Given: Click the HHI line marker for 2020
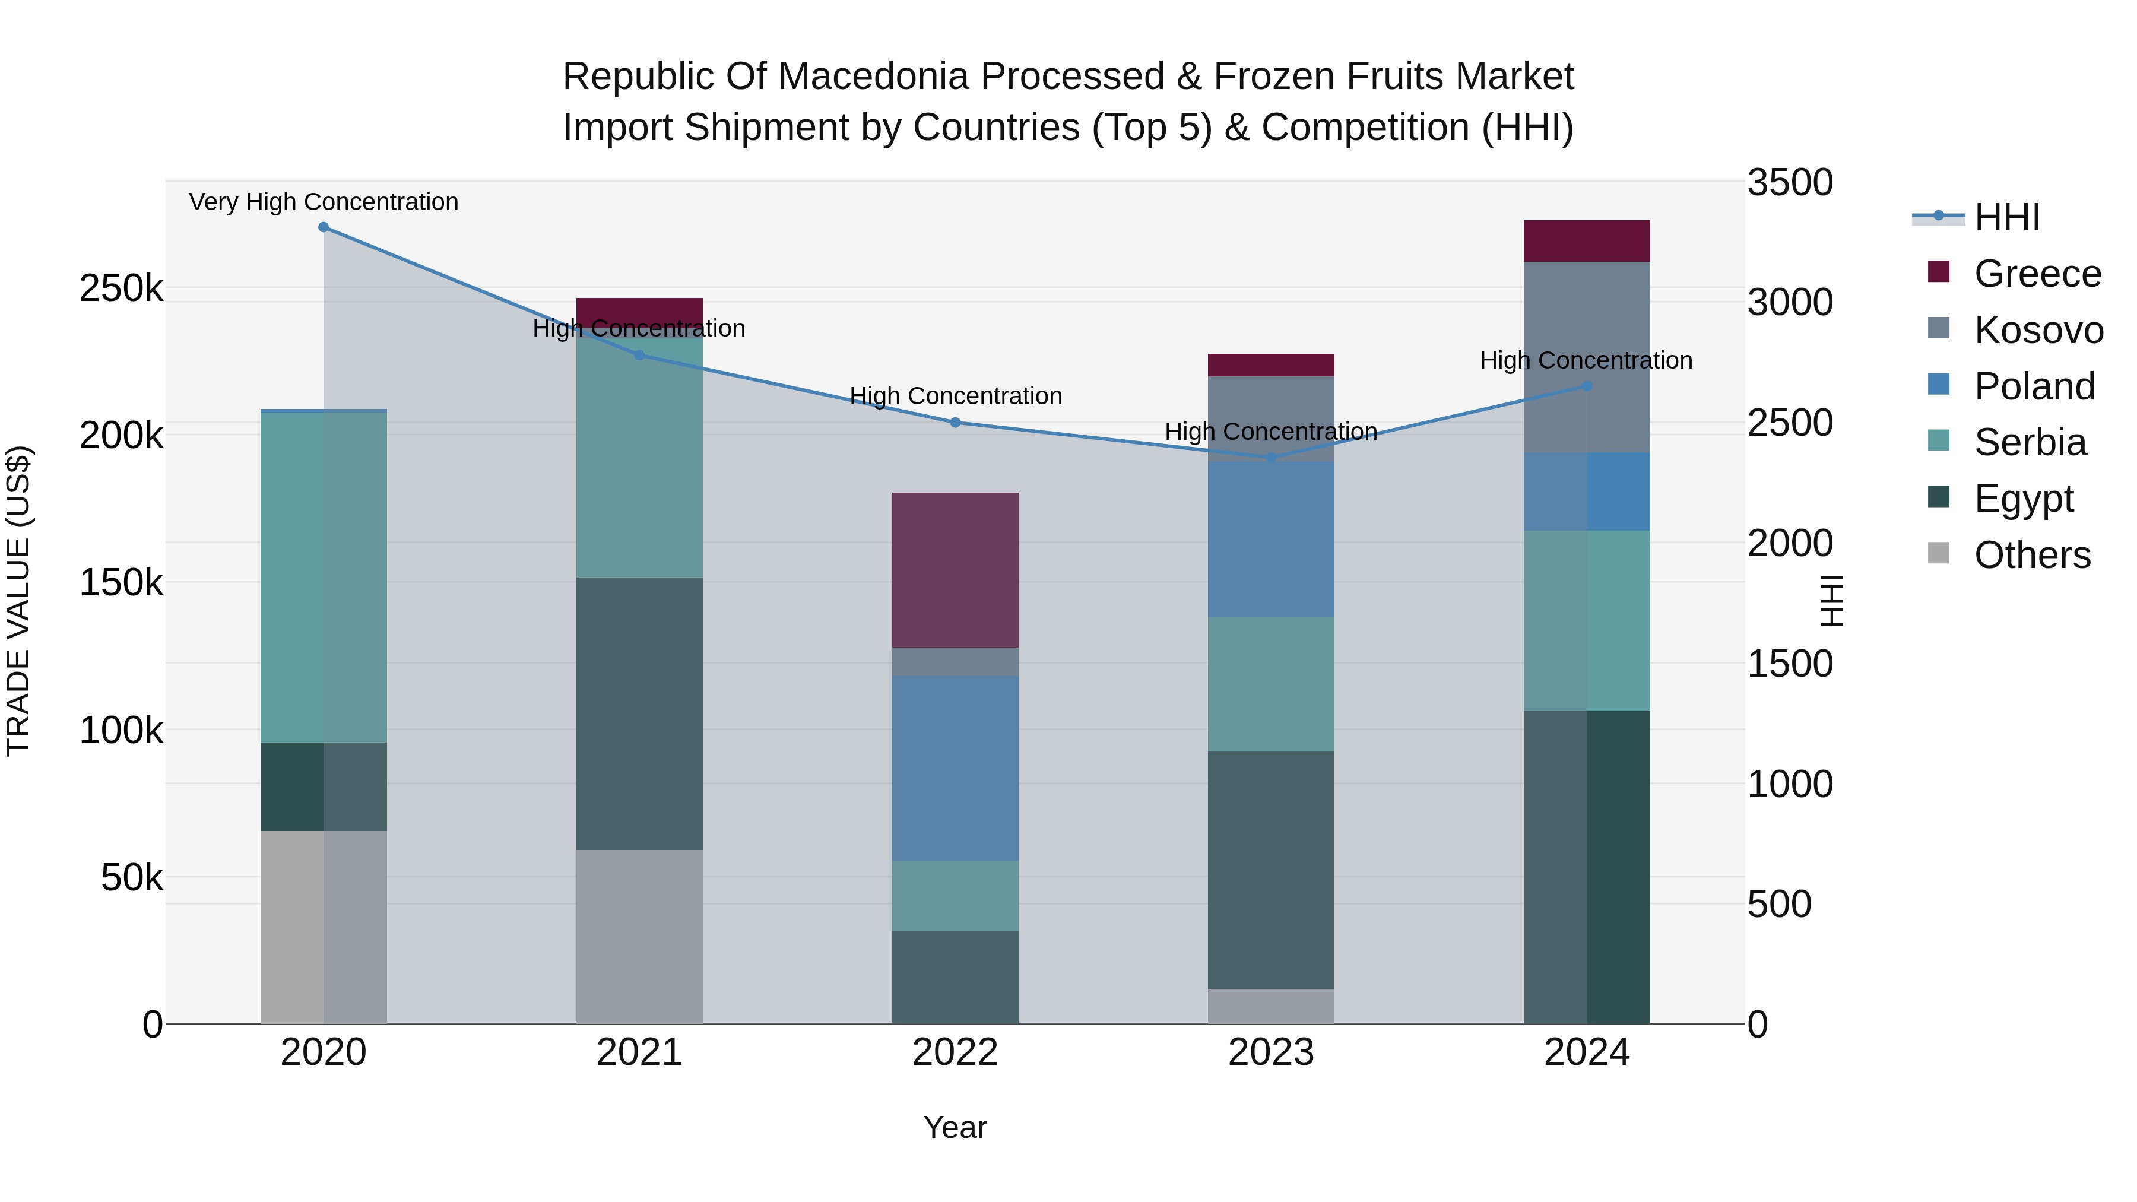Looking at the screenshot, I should click(324, 227).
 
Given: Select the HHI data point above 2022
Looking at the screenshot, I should click(955, 422).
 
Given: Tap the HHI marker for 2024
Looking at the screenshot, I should click(1587, 386).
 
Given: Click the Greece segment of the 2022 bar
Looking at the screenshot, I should click(955, 570).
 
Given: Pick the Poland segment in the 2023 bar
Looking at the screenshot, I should click(1271, 539).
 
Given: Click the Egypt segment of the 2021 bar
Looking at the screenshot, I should click(639, 713).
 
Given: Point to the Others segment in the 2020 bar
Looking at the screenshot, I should click(324, 927).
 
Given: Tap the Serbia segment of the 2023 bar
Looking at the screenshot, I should click(1271, 684).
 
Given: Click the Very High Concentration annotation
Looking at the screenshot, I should click(324, 202).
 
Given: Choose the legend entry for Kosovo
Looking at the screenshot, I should click(2038, 330).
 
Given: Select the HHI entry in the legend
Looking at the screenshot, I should click(2006, 217).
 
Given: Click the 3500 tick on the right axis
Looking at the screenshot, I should click(1789, 182).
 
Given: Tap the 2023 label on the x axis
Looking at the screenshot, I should click(1271, 1052).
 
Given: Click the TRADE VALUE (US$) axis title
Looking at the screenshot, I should click(18, 601).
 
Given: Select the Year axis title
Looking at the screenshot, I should click(955, 1127).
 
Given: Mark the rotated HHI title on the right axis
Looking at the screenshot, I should click(1830, 601).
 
